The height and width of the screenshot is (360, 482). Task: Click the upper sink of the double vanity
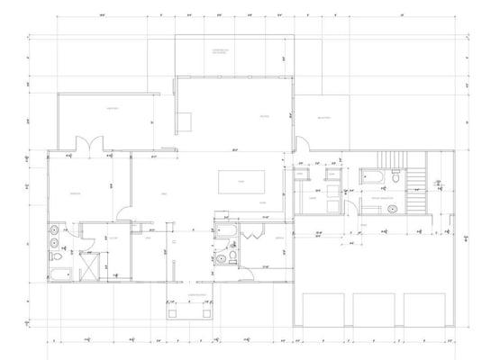click(54, 228)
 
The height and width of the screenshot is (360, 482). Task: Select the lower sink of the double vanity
click(54, 243)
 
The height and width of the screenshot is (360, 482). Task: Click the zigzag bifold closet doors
click(250, 233)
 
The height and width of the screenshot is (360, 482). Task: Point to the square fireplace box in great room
click(184, 121)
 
